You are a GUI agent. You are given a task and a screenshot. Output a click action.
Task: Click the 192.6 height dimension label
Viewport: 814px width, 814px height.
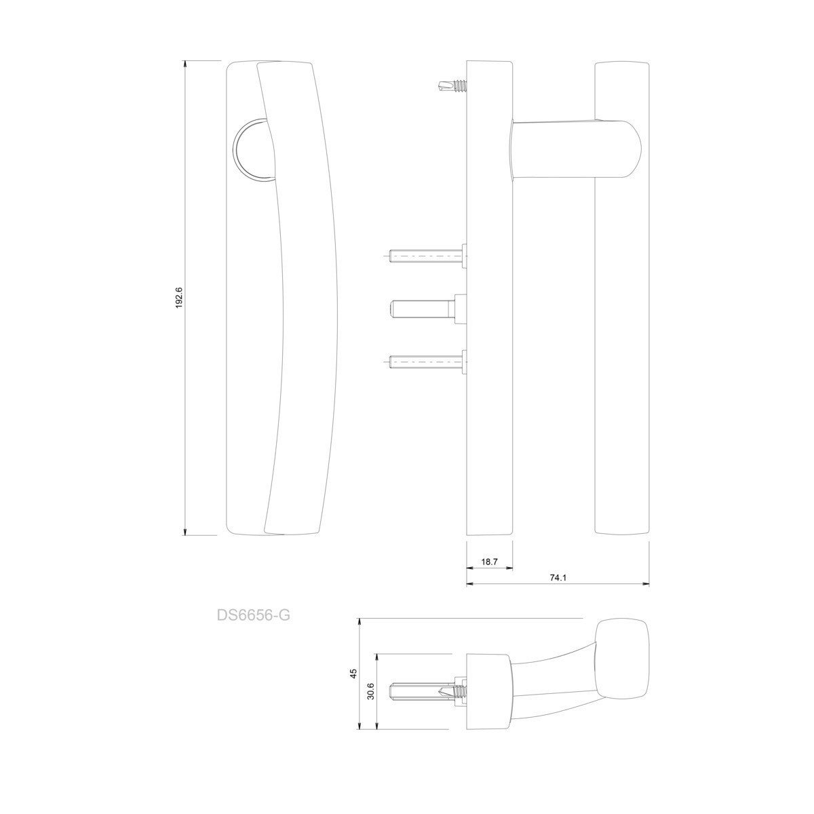178,298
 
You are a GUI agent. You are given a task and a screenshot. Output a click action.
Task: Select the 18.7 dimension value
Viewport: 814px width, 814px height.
490,562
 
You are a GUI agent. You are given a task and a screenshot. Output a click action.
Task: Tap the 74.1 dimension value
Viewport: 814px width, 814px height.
558,579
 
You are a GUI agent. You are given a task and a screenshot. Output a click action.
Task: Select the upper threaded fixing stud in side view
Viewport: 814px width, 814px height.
427,256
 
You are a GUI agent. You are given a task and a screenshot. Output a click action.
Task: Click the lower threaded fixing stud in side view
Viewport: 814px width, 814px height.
427,362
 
